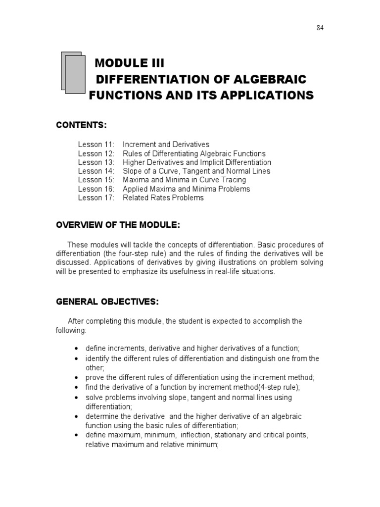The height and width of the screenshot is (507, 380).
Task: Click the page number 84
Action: click(320, 28)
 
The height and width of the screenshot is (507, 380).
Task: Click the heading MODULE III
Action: click(129, 64)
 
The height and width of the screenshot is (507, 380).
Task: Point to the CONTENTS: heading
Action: click(81, 126)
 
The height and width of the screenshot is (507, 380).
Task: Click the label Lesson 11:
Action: click(96, 145)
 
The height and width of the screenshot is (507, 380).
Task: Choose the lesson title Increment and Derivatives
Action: click(166, 145)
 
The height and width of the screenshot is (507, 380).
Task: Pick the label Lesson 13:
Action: click(96, 162)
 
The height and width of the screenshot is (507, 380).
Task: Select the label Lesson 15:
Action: click(96, 180)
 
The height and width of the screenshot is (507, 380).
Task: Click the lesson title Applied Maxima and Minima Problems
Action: click(186, 189)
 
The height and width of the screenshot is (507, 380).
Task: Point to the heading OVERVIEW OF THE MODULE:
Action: click(117, 225)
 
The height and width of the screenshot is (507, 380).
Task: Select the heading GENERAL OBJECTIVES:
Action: click(107, 301)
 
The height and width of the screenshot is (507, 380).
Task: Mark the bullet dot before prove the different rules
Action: click(76, 377)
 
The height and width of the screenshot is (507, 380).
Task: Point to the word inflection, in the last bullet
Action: click(199, 435)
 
